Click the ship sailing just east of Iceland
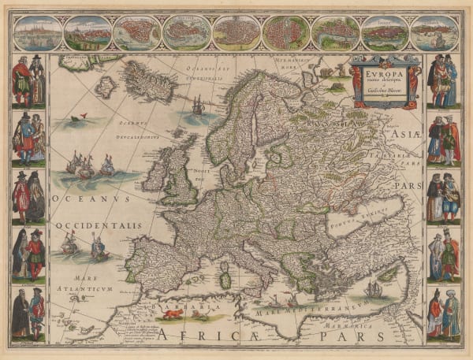point(199,105)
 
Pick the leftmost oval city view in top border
point(36,33)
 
